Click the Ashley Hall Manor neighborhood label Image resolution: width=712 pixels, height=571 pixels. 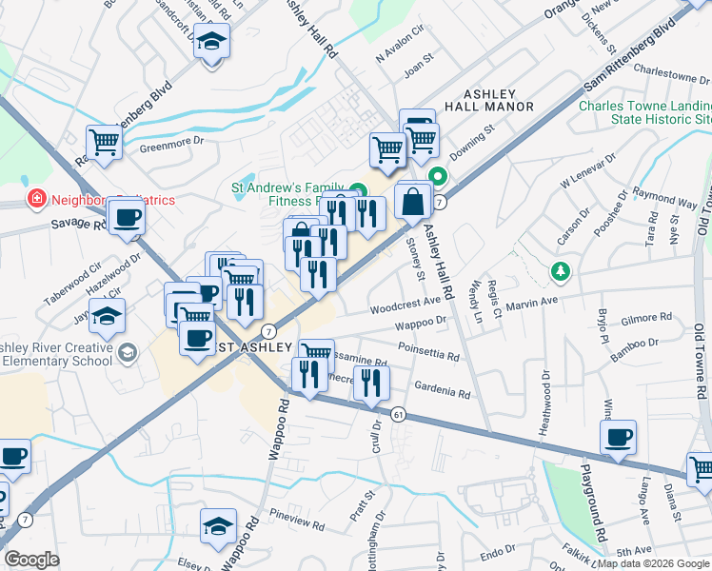488,101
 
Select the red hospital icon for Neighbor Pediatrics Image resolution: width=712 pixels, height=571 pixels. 36,199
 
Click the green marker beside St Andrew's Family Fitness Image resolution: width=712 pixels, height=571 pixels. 358,188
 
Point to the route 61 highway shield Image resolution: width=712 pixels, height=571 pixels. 398,414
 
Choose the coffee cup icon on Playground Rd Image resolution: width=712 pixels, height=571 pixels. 618,438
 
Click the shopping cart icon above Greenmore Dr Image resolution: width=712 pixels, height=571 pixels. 105,143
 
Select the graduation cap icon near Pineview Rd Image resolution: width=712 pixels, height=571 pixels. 218,525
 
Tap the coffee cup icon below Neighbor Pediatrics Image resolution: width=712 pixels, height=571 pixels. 127,217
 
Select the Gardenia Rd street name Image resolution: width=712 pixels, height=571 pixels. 443,388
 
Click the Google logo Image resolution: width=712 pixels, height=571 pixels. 31,560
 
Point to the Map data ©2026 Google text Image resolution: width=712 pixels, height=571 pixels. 654,563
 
